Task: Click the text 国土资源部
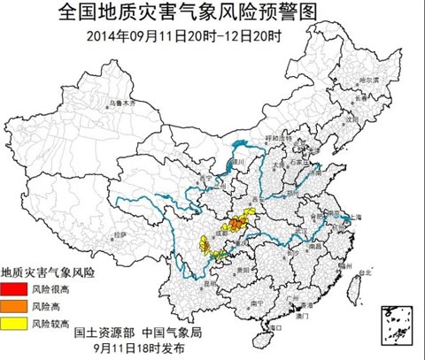click(x=104, y=333)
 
